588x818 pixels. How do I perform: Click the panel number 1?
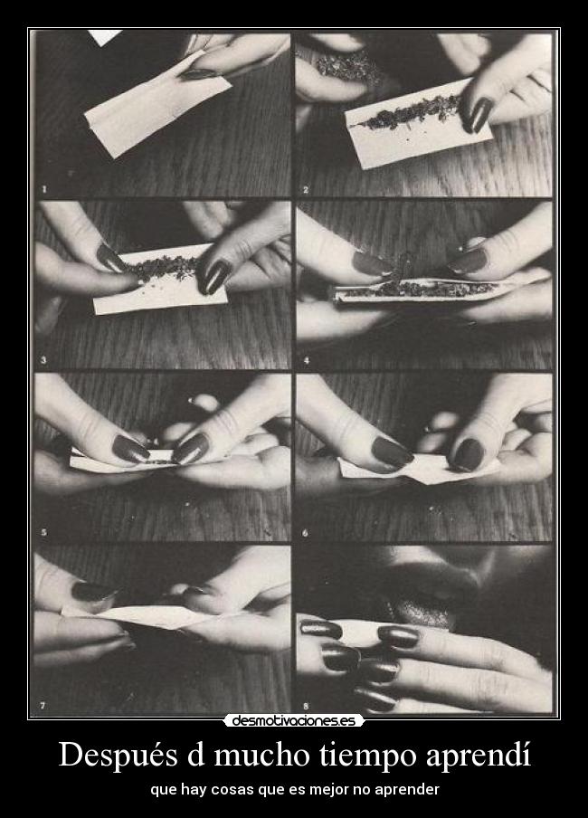tap(44, 189)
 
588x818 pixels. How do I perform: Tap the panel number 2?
tap(306, 190)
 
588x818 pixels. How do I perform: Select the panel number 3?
tap(43, 360)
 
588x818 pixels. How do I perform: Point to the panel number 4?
tap(307, 360)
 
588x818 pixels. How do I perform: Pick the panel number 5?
tap(43, 533)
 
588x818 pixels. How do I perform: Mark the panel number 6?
tap(305, 533)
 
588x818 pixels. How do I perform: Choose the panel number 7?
tap(43, 706)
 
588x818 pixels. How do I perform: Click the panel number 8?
tap(306, 707)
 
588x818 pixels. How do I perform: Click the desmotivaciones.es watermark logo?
tap(294, 721)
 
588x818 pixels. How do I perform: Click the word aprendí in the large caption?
tap(478, 756)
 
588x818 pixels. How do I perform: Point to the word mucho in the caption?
tap(262, 755)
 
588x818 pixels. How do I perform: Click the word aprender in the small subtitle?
tap(411, 790)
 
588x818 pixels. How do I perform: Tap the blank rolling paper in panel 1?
tap(156, 108)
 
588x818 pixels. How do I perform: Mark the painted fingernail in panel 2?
tap(479, 114)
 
